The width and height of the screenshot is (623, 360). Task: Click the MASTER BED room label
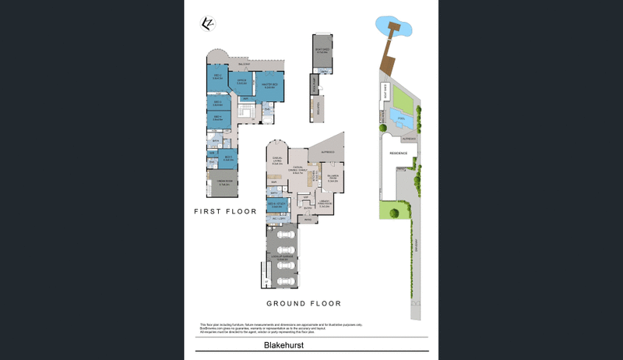coord(269,86)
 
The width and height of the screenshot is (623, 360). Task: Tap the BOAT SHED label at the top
coord(321,51)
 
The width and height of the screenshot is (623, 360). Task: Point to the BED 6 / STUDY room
coord(277,205)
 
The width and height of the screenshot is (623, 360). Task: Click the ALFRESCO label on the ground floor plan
coord(328,151)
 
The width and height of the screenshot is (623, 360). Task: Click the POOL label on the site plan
coord(400,119)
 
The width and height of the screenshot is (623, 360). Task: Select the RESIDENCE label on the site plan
coord(398,154)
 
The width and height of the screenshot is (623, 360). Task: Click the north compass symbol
coord(207,23)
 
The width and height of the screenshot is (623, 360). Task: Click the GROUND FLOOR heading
coord(304,303)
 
